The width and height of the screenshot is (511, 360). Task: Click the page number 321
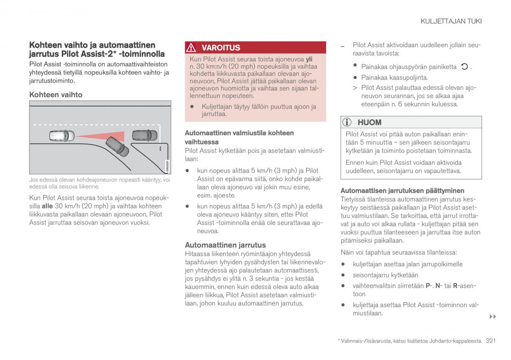[x=491, y=341]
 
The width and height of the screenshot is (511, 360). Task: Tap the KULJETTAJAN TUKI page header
[x=451, y=21]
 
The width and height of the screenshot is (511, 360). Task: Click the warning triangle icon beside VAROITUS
[x=192, y=48]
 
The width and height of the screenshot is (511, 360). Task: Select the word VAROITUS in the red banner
[x=221, y=48]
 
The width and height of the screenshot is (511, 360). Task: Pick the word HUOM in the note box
[x=369, y=122]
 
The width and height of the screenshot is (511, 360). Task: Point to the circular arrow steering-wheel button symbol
[x=465, y=66]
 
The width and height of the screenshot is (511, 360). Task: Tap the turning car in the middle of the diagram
[x=117, y=146]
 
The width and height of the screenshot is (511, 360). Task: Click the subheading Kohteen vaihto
[x=56, y=95]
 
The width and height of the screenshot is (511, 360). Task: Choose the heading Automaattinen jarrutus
[x=225, y=245]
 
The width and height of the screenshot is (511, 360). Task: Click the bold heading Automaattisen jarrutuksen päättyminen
[x=402, y=190]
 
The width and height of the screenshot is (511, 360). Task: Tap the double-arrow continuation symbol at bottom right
[x=493, y=317]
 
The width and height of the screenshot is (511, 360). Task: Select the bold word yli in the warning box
[x=309, y=59]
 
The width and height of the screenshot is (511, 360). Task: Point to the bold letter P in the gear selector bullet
[x=428, y=286]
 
